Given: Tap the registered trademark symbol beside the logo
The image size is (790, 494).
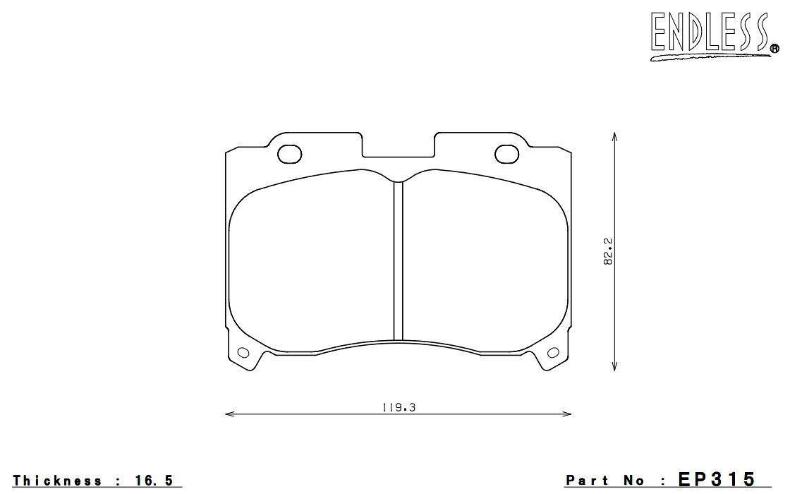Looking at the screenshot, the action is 774,49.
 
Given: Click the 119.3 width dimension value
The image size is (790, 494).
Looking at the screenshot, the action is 399,407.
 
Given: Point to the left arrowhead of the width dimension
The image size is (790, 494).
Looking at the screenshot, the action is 230,414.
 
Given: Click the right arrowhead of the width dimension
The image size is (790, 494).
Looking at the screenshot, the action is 566,414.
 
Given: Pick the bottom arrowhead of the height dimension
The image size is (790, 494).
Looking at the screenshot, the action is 614,366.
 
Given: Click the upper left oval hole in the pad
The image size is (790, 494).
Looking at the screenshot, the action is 290,154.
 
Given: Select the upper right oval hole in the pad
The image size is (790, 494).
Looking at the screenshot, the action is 507,154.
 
